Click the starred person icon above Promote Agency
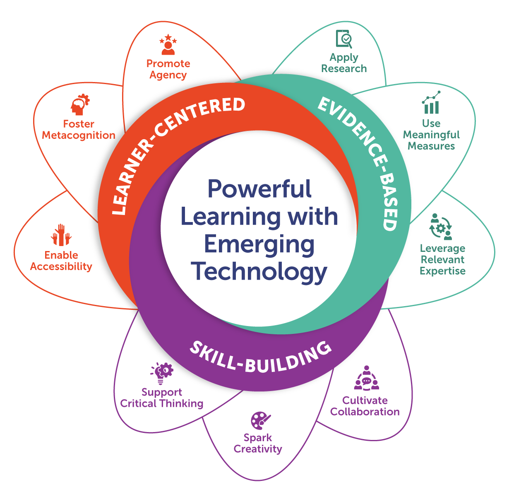(168, 44)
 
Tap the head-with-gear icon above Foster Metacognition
(80, 104)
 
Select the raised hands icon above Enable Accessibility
(61, 235)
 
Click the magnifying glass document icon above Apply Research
(344, 39)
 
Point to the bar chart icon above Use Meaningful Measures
(431, 102)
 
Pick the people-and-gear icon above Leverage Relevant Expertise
(441, 227)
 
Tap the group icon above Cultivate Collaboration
(367, 378)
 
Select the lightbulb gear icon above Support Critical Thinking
(162, 373)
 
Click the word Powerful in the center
(259, 188)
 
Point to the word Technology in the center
(259, 273)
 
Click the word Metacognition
(79, 135)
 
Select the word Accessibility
(61, 266)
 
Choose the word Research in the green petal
(344, 69)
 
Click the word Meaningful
(431, 135)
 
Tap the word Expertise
(442, 271)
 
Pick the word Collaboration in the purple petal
(365, 412)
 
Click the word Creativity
(258, 449)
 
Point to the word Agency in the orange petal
(168, 75)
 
